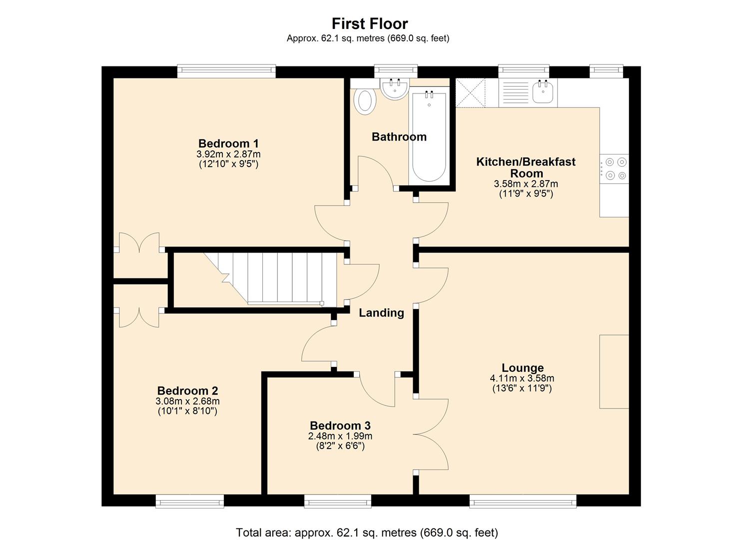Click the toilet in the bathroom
click(365, 101)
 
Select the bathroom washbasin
click(395, 88)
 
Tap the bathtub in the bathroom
click(428, 137)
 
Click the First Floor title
click(370, 23)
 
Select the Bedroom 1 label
click(228, 143)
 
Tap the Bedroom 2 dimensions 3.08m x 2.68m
click(187, 401)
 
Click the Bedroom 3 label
click(340, 425)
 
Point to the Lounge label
click(523, 367)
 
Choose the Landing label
click(381, 313)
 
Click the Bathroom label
click(399, 136)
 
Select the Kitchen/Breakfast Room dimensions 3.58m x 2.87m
click(526, 184)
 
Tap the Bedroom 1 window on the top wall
click(226, 71)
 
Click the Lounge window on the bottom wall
click(522, 501)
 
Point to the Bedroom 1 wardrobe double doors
click(139, 243)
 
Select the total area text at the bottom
click(367, 532)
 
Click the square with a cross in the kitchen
click(471, 92)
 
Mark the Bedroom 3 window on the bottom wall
click(338, 501)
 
